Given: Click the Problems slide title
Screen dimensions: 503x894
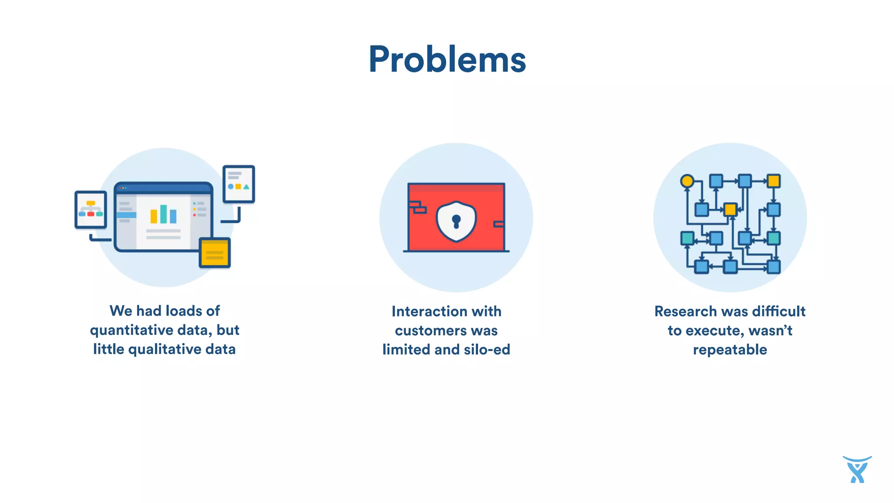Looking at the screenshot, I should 447,60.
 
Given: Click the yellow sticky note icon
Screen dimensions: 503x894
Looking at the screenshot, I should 214,253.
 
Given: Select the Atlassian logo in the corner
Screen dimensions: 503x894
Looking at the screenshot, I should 857,469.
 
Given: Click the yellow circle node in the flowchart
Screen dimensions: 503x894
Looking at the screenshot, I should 687,181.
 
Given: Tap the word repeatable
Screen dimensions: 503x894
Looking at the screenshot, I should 730,350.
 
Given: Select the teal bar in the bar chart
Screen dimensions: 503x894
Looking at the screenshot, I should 163,214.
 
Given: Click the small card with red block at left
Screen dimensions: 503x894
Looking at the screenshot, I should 91,210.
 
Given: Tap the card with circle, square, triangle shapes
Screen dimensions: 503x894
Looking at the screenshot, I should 239,184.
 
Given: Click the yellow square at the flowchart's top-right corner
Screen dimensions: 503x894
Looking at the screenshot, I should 774,181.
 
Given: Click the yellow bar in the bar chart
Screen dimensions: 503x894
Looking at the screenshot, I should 154,216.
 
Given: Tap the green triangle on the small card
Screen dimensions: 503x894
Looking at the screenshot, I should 247,187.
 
